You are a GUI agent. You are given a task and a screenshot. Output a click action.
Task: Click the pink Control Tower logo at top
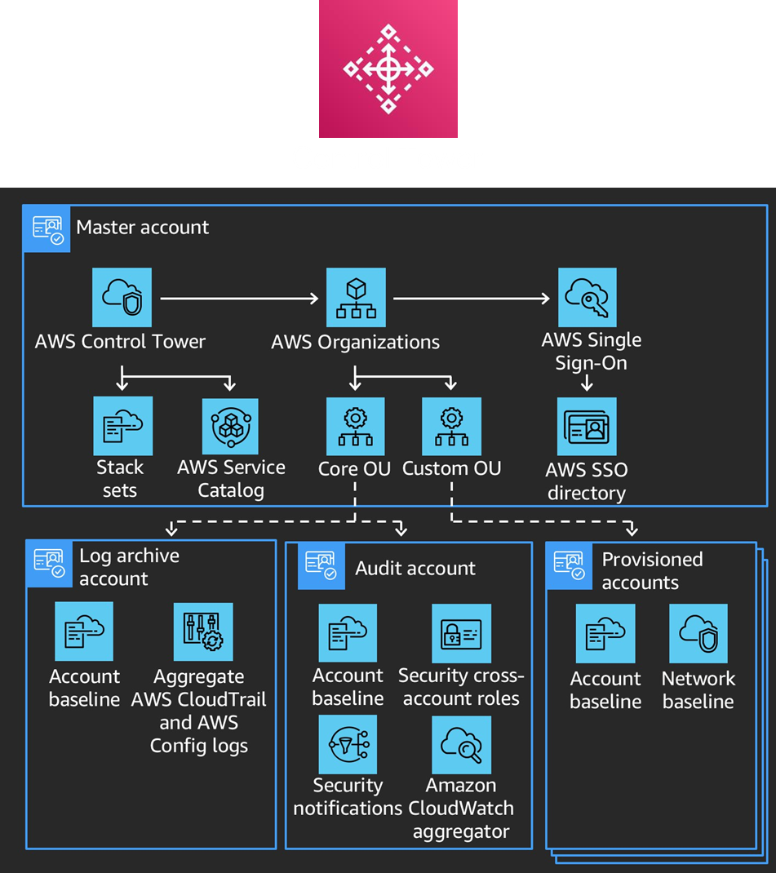click(x=388, y=69)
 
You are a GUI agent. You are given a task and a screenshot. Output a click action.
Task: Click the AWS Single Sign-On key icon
click(x=588, y=298)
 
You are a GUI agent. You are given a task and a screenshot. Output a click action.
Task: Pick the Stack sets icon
click(x=123, y=426)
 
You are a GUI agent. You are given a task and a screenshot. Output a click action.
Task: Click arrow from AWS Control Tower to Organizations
click(x=239, y=299)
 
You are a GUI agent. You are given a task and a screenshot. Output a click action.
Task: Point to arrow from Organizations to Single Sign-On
click(x=472, y=299)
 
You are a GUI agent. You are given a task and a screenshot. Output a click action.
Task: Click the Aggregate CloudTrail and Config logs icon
click(x=203, y=632)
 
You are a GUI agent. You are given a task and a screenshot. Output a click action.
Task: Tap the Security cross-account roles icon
click(x=461, y=633)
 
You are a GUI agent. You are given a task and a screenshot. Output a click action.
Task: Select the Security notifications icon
click(x=348, y=744)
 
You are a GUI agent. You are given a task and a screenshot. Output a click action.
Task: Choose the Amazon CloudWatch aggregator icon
click(x=461, y=744)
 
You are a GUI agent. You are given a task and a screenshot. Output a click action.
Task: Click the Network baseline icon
click(x=698, y=634)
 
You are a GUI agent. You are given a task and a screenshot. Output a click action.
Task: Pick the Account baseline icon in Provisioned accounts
click(x=605, y=634)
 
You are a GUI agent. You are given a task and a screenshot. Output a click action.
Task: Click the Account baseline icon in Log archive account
click(x=84, y=632)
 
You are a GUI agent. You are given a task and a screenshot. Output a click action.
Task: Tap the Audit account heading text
click(x=415, y=569)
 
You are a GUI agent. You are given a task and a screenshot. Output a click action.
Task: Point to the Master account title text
click(x=143, y=227)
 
